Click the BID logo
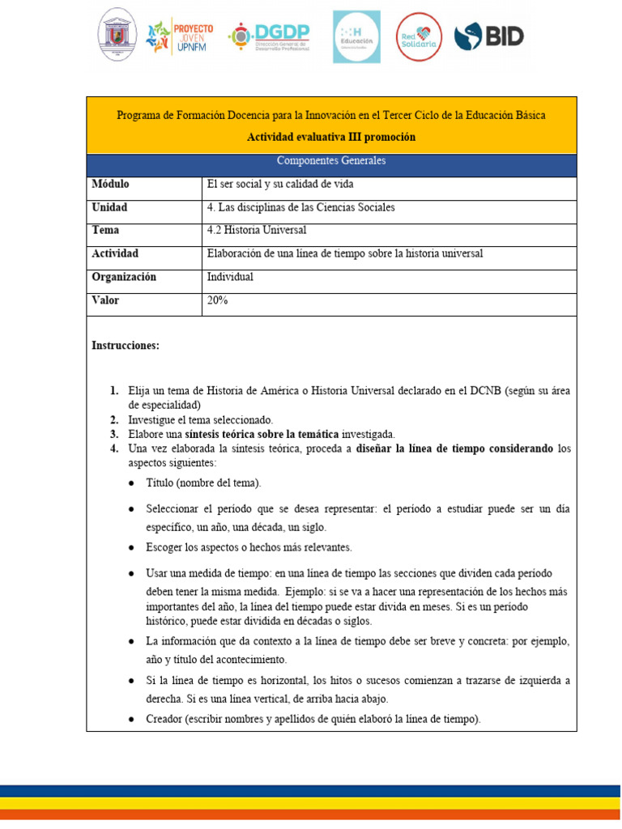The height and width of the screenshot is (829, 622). (488, 36)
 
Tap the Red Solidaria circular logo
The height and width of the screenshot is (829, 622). (419, 36)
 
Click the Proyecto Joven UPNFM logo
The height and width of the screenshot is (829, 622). (179, 37)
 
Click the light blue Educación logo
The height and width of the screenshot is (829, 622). (356, 36)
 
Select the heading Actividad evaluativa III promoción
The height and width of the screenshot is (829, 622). (330, 138)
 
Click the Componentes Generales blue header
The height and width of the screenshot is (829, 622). (330, 160)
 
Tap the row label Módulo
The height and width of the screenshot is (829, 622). (110, 184)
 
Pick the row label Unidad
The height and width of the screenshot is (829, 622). (109, 207)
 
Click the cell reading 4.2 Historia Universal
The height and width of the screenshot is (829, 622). (257, 230)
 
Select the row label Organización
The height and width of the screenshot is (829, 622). (124, 277)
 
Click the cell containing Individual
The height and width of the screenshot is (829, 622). (231, 277)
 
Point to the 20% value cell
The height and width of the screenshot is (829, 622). (218, 300)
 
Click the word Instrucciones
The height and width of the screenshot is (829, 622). (126, 346)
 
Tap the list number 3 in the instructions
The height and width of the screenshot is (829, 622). (114, 434)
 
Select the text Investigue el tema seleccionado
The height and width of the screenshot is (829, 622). (201, 420)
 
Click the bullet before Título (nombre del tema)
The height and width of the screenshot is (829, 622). (132, 483)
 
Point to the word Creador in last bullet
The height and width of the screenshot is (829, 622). (164, 718)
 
